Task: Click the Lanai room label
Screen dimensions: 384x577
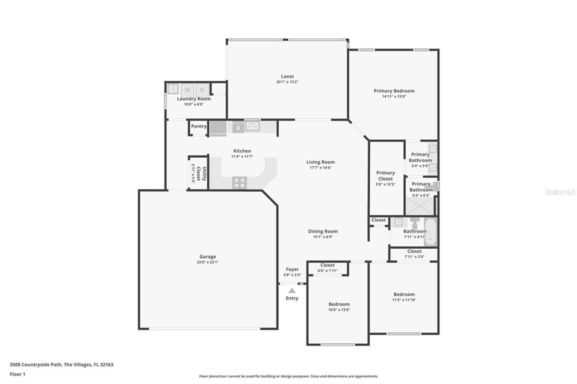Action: tap(287, 76)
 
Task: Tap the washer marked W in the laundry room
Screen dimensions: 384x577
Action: tap(187, 90)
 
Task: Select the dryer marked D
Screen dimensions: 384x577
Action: tap(202, 90)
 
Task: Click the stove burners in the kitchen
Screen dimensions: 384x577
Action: tap(239, 183)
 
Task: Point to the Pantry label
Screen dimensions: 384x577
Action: tap(199, 126)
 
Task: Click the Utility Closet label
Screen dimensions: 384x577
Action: tap(201, 174)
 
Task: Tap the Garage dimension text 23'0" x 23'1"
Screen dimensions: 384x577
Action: tap(207, 262)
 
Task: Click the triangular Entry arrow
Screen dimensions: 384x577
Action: tap(292, 291)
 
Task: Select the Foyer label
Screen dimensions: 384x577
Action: tap(292, 269)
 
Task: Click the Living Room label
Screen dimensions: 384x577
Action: tap(321, 162)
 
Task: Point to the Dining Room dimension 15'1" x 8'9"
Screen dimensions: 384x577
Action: tap(323, 237)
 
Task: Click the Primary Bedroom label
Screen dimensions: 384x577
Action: tap(394, 91)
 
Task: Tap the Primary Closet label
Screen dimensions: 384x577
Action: tap(385, 176)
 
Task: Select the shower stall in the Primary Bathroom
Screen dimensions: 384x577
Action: tap(420, 206)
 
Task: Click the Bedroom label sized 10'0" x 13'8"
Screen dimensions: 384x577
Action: tap(339, 304)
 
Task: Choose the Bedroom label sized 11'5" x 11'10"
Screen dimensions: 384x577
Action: tap(404, 294)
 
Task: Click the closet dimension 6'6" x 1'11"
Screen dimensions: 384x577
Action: tap(327, 270)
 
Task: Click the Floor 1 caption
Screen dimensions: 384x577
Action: tap(18, 374)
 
